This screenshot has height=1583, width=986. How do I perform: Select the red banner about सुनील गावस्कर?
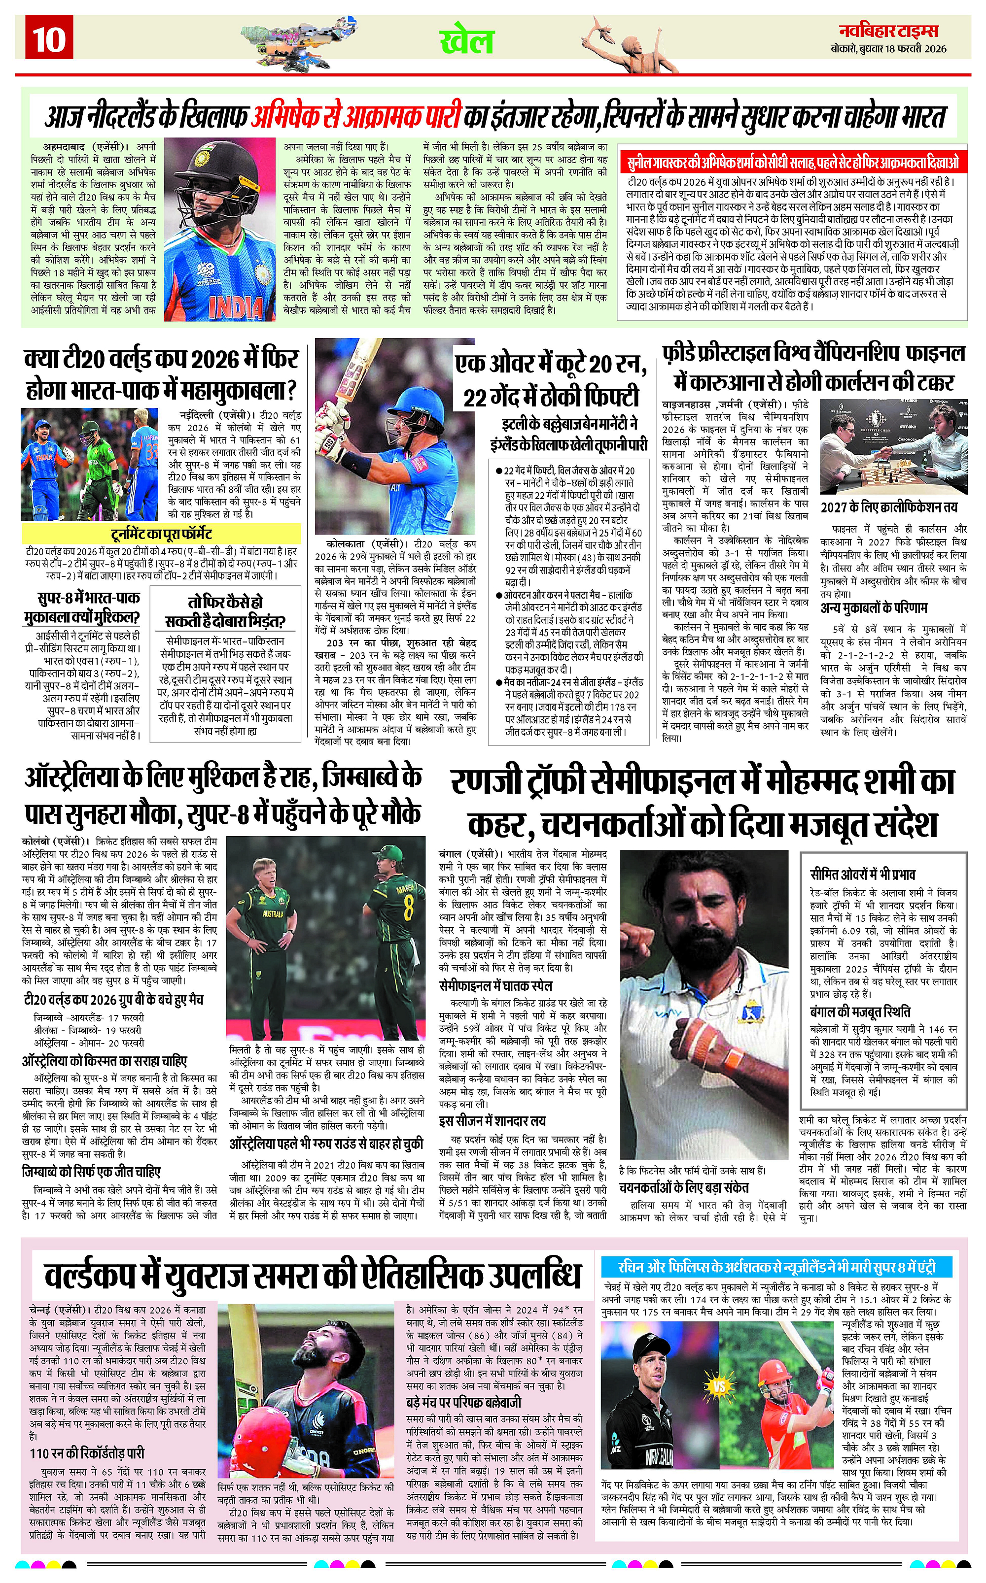pos(792,162)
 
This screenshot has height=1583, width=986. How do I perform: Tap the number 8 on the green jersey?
pos(408,907)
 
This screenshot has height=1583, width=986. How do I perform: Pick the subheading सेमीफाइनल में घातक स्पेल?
pos(495,985)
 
